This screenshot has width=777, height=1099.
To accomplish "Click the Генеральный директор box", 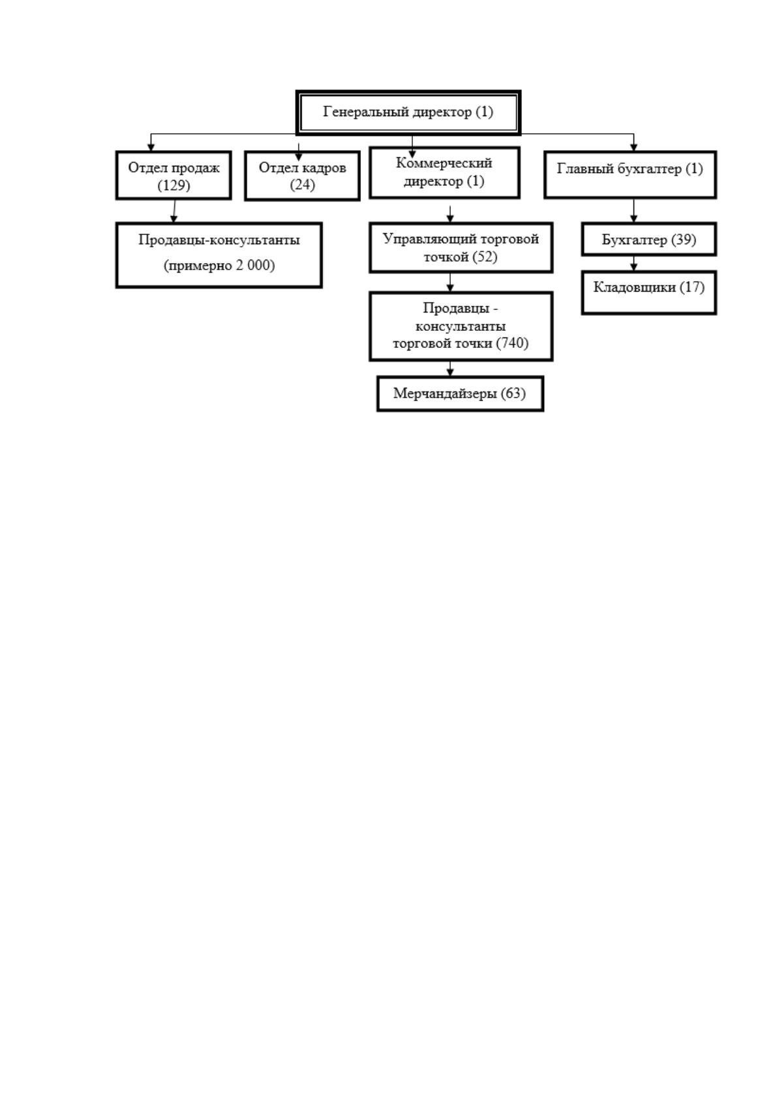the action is (x=408, y=112).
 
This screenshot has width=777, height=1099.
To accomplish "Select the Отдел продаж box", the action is (x=174, y=175).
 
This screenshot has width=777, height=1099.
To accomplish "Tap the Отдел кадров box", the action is (x=302, y=176).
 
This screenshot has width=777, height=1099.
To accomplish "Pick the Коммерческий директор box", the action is (x=444, y=173).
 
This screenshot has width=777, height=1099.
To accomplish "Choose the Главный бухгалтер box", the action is (x=630, y=175).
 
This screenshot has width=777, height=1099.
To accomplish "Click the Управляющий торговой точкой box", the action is (x=461, y=247).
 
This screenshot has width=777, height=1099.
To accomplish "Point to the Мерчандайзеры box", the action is (x=460, y=394).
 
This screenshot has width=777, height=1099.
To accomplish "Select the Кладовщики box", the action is (x=649, y=292).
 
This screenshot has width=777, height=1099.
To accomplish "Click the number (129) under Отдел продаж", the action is (x=174, y=185).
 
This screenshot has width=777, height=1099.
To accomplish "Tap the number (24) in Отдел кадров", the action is (x=302, y=185).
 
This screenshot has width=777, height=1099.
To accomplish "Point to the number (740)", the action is (x=513, y=343).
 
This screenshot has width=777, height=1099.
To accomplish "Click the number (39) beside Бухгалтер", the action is (x=684, y=240).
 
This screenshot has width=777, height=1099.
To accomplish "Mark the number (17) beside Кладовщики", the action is (x=692, y=287).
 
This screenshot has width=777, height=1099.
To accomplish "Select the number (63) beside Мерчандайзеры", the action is (x=513, y=393).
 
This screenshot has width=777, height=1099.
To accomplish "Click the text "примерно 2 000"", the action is (x=219, y=265).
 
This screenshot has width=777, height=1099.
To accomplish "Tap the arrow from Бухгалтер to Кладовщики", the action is (x=633, y=263).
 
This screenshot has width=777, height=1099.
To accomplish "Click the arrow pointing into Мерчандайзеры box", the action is (x=450, y=369).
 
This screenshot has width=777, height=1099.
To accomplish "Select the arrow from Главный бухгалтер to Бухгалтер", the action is (x=633, y=211).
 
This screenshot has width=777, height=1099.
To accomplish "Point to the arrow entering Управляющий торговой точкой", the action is (x=450, y=215).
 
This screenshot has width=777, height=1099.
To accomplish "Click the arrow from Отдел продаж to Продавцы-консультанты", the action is (x=174, y=211).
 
